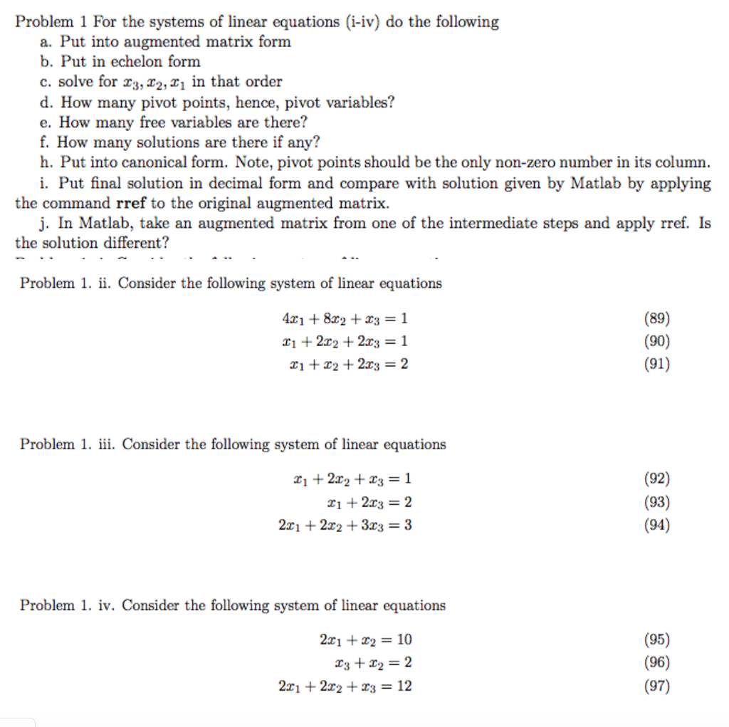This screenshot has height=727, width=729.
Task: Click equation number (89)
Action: point(656,318)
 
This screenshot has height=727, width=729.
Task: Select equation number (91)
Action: point(656,364)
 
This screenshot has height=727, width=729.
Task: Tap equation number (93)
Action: point(656,503)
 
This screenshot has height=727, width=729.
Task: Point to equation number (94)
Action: point(656,525)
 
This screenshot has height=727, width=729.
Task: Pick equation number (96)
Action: point(656,663)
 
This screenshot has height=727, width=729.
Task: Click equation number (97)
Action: point(656,686)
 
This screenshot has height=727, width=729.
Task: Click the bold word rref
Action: point(131,204)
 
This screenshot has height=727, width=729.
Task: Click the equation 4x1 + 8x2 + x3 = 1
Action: point(345,318)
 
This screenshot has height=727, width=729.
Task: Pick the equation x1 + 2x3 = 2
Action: point(368,503)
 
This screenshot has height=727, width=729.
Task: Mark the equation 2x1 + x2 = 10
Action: point(366,639)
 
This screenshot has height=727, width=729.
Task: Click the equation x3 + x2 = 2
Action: point(373,663)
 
